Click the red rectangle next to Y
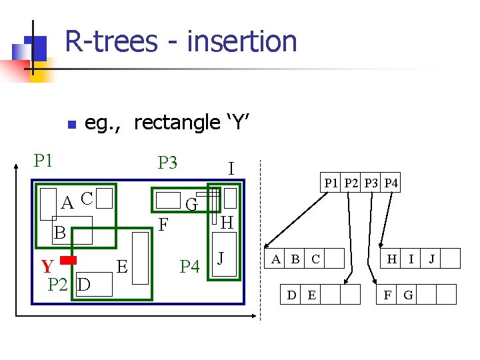69,259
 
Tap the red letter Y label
47,267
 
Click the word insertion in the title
242,41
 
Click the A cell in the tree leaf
275,259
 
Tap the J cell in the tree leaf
431,258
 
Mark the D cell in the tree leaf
292,294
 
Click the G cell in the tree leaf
408,294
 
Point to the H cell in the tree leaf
391,258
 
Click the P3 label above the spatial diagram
167,163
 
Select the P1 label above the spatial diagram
43,160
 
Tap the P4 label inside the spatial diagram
189,267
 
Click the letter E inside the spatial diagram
122,267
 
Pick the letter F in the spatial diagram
163,225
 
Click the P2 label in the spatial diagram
58,285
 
